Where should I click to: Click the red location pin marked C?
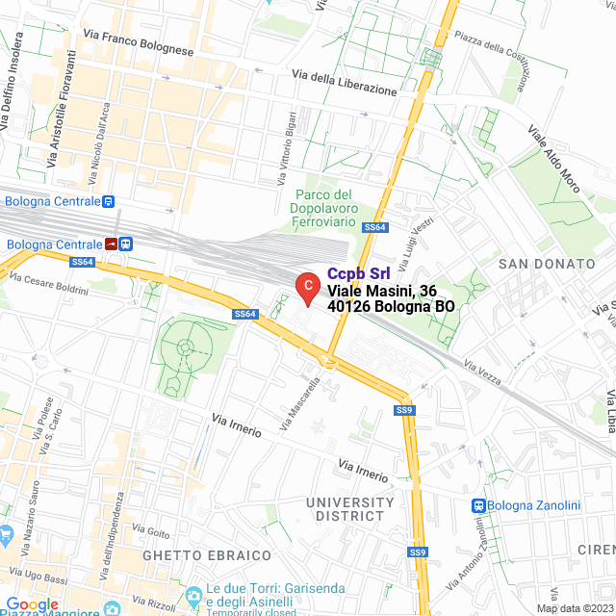(306, 286)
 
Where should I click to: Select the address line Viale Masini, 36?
(382, 291)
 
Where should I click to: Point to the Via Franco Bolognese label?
(139, 42)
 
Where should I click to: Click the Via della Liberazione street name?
(344, 83)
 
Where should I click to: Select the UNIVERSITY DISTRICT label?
(350, 509)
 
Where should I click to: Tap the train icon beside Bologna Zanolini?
(478, 505)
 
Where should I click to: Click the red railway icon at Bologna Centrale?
(113, 244)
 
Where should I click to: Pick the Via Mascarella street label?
(300, 402)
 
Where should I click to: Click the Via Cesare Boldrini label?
(48, 283)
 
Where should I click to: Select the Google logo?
(32, 604)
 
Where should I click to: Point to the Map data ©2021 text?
(574, 608)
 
